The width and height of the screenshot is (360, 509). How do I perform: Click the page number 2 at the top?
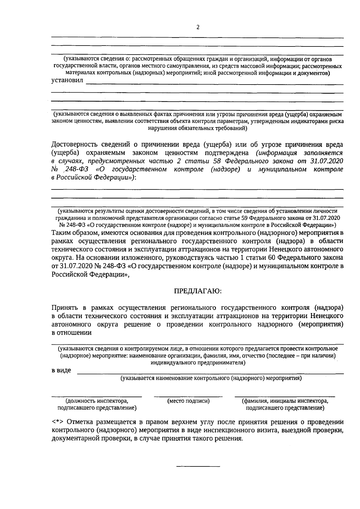coord(198,27)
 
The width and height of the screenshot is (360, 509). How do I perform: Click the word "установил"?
coord(67,81)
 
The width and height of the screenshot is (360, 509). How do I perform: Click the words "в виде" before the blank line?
coord(61,370)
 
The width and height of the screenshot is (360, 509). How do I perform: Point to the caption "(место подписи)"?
coord(188,401)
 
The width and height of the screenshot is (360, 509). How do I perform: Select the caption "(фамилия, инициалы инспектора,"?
coord(285,401)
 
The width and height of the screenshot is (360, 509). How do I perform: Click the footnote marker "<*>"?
coord(57,422)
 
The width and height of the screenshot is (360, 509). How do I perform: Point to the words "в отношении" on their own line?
coord(71,333)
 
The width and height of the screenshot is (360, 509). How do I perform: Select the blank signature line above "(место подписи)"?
coord(188,397)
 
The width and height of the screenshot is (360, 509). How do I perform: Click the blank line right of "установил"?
coord(214,84)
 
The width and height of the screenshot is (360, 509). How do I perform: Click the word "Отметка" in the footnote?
coord(79,422)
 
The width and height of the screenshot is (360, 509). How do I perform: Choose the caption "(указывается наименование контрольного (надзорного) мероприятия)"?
coord(211,378)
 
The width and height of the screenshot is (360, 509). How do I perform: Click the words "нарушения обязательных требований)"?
coord(198,129)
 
